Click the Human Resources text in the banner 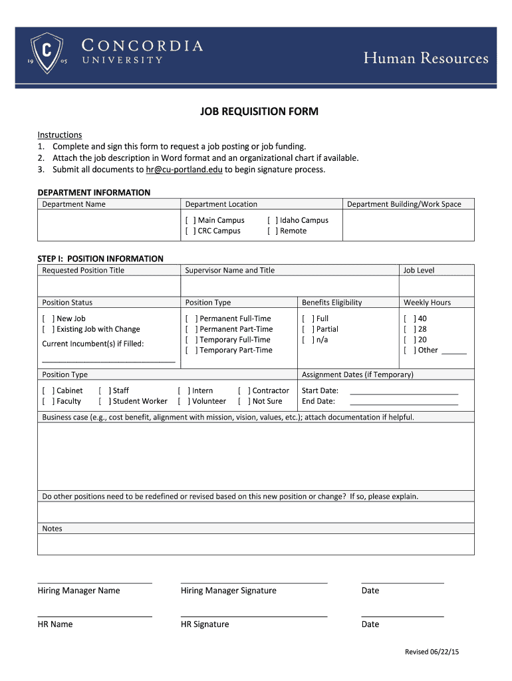(x=426, y=59)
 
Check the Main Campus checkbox (x=190, y=220)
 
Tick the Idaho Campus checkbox (x=273, y=220)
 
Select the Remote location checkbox (x=273, y=231)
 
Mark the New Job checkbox (x=48, y=319)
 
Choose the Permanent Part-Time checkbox (x=191, y=329)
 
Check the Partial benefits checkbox (x=307, y=329)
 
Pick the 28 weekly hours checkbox (x=409, y=329)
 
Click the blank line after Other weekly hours (x=454, y=352)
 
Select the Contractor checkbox (x=243, y=390)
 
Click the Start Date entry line (x=404, y=392)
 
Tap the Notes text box (x=256, y=544)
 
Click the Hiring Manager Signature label (x=228, y=591)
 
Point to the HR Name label (x=55, y=624)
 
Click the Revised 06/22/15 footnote (x=432, y=652)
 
